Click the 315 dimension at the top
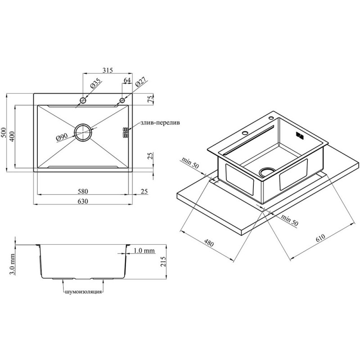pyautogui.click(x=108, y=70)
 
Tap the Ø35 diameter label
pyautogui.click(x=95, y=84)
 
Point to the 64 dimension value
pyautogui.click(x=127, y=80)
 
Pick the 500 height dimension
pyautogui.click(x=4, y=132)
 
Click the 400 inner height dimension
pyautogui.click(x=12, y=136)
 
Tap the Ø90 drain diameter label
pyautogui.click(x=62, y=137)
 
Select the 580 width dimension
pyautogui.click(x=83, y=191)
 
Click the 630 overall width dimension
pyautogui.click(x=83, y=201)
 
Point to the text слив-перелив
pyautogui.click(x=160, y=122)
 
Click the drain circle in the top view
pyautogui.click(x=83, y=132)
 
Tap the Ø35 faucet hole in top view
pyautogui.click(x=83, y=100)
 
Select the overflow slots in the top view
pyautogui.click(x=126, y=132)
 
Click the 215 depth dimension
pyautogui.click(x=163, y=261)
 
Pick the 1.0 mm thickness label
pyautogui.click(x=144, y=251)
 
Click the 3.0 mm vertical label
pyautogui.click(x=13, y=264)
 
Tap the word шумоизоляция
pyautogui.click(x=83, y=292)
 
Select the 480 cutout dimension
pyautogui.click(x=209, y=243)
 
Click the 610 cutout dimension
pyautogui.click(x=320, y=238)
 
